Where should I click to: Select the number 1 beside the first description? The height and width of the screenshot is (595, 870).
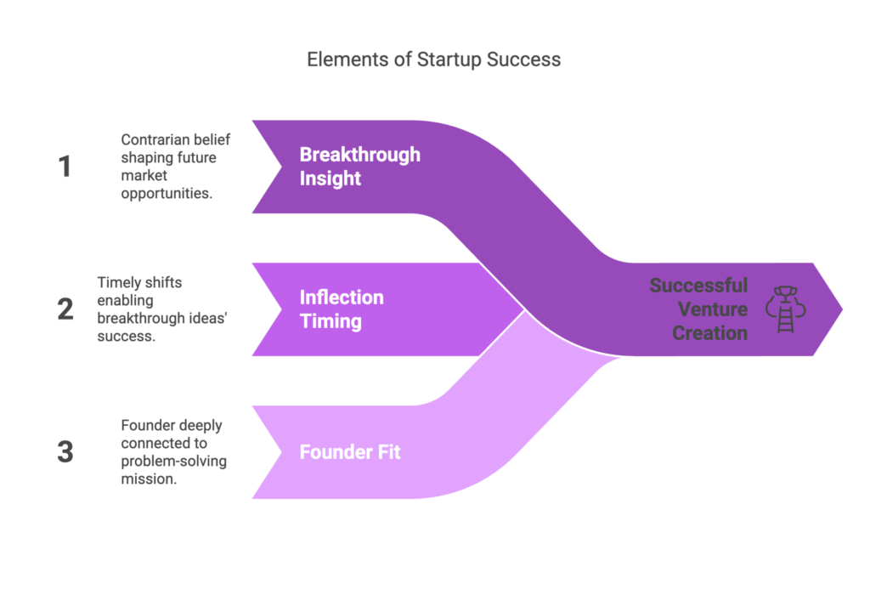(65, 167)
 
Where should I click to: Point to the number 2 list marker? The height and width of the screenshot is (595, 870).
(65, 309)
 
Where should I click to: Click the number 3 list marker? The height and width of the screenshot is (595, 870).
(65, 451)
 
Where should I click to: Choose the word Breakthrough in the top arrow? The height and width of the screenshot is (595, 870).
(359, 155)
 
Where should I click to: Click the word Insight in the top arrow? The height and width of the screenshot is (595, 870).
(330, 178)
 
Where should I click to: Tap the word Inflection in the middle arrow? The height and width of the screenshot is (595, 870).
(342, 297)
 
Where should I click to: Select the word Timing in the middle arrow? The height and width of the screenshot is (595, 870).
(330, 321)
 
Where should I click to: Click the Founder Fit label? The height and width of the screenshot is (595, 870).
(350, 451)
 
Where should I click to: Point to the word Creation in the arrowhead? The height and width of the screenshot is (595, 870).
(709, 332)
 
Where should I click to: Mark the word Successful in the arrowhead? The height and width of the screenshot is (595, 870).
(698, 285)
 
